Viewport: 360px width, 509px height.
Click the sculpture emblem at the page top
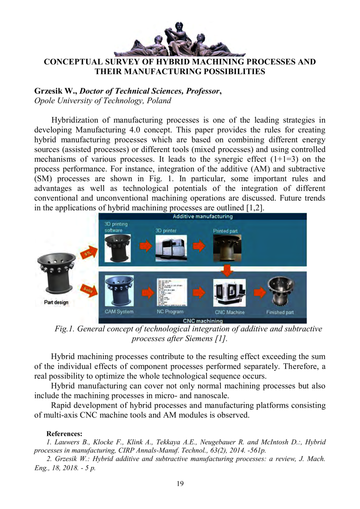click(180, 39)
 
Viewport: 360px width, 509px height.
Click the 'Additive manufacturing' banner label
click(202, 216)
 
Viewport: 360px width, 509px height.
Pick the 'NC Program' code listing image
click(171, 293)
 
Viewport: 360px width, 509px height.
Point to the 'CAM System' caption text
click(119, 312)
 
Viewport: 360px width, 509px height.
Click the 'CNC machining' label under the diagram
click(202, 321)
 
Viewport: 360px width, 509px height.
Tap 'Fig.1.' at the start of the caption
click(64, 329)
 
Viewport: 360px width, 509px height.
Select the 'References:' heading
click(64, 433)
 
